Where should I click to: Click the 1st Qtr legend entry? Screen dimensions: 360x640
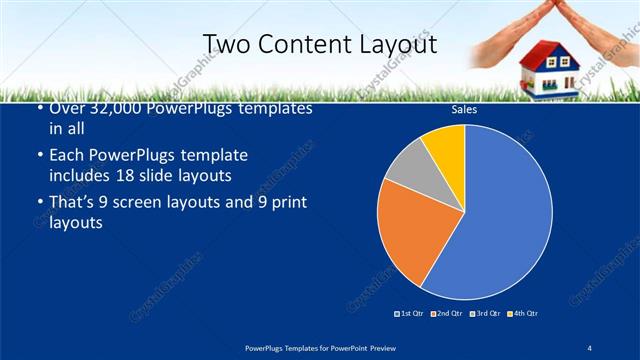[x=410, y=313]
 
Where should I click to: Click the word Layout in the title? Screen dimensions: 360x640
[x=389, y=43]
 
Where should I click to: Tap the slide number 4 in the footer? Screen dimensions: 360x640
[x=589, y=347]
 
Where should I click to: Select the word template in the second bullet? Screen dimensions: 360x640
[x=216, y=157]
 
